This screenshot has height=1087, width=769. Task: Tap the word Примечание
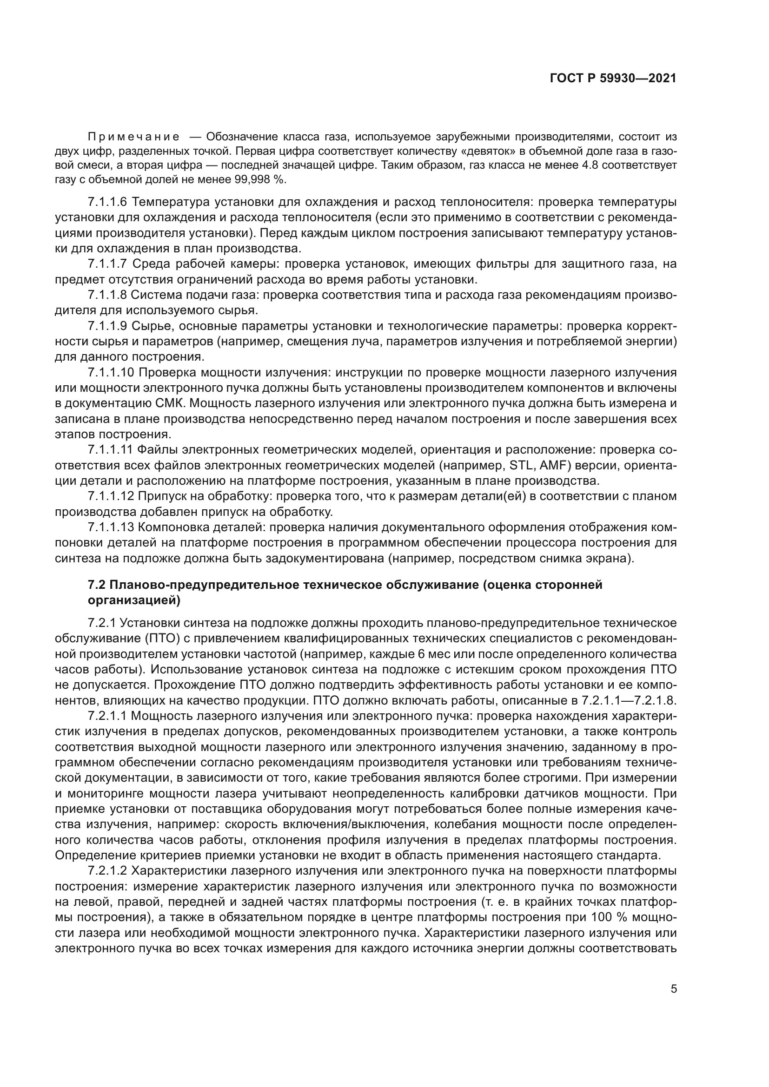click(133, 137)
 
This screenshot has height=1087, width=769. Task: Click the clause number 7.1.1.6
click(107, 202)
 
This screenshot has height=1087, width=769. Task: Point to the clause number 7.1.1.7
click(107, 264)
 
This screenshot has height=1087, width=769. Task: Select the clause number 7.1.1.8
click(107, 295)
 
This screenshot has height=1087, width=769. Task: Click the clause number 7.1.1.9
click(107, 326)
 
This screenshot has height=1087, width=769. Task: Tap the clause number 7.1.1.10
click(111, 372)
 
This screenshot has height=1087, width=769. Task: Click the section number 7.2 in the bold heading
click(97, 585)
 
